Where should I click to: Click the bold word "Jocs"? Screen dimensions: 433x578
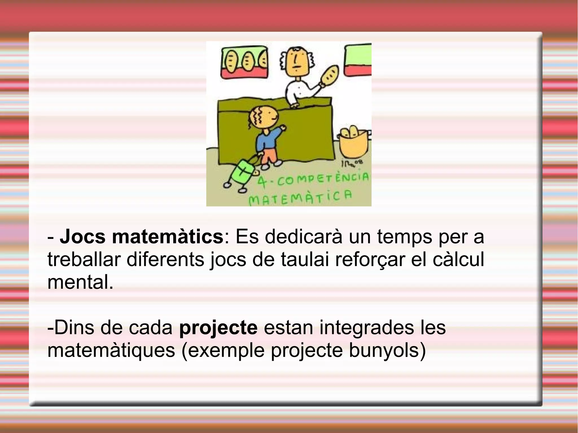pyautogui.click(x=82, y=237)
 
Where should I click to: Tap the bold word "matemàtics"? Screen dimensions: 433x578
pyautogui.click(x=168, y=237)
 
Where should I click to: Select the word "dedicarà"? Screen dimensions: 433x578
pyautogui.click(x=303, y=237)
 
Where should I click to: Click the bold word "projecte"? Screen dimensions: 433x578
pyautogui.click(x=218, y=328)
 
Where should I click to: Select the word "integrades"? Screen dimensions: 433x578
pyautogui.click(x=367, y=328)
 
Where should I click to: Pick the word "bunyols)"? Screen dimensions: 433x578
pyautogui.click(x=387, y=351)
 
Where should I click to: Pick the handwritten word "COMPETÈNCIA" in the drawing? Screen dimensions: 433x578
pyautogui.click(x=323, y=179)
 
